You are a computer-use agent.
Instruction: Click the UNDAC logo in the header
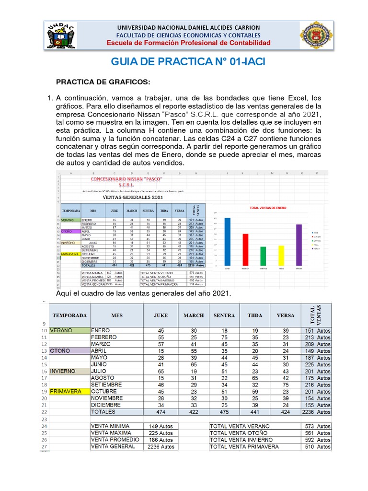[62, 35]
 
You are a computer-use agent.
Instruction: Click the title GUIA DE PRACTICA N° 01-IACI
[188, 62]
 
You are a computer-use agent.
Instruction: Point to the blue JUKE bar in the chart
[228, 242]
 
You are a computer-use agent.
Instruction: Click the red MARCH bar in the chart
[245, 249]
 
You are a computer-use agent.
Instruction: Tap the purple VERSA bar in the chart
[299, 245]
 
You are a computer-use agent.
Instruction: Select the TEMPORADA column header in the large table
[69, 316]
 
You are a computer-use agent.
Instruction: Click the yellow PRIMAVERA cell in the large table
[69, 391]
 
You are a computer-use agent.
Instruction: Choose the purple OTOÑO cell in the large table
[69, 351]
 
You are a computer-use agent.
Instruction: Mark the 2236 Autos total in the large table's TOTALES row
[316, 412]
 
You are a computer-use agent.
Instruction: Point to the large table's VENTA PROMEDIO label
[117, 440]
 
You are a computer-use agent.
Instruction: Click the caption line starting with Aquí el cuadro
[144, 293]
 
